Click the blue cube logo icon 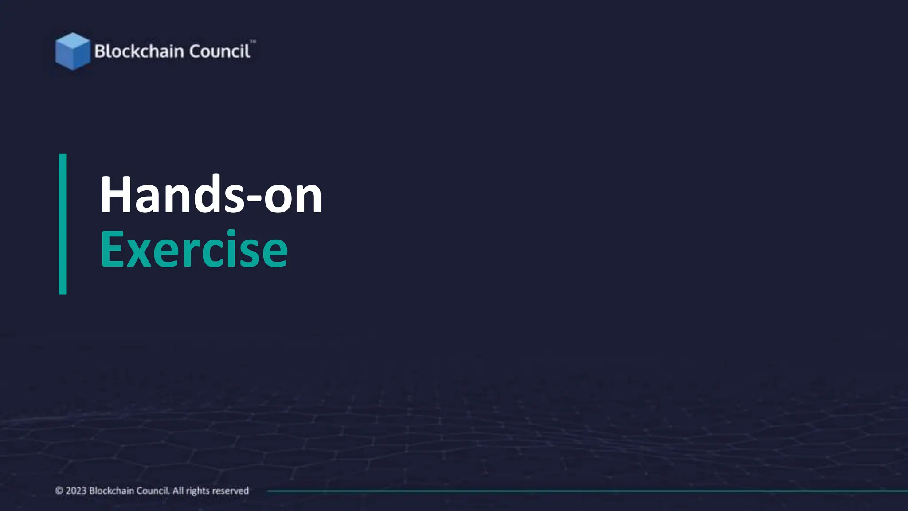point(72,51)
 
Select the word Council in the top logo point(219,51)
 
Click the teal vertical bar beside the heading point(63,224)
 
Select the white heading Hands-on point(211,195)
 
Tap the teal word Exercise point(194,249)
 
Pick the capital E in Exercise point(112,249)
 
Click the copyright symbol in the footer point(59,491)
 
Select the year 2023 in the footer point(76,491)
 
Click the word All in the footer point(178,491)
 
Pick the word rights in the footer point(198,491)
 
